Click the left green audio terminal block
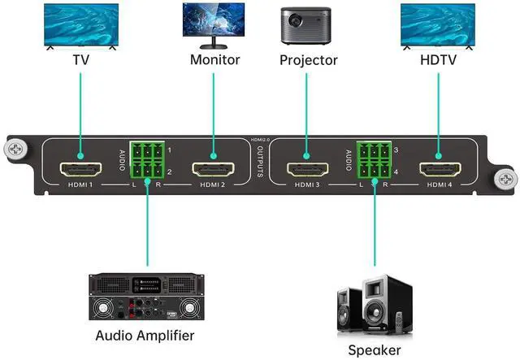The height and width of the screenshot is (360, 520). (x=147, y=161)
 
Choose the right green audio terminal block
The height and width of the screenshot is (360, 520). (x=375, y=161)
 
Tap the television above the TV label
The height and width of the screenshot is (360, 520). (x=81, y=25)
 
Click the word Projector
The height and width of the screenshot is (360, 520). (x=308, y=60)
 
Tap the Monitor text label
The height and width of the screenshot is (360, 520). (x=215, y=60)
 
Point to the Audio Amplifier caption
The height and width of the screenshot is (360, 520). (x=145, y=335)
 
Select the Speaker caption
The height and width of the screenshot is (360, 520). (x=375, y=350)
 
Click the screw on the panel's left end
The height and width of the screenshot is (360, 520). (x=16, y=150)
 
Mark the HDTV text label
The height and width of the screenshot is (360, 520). (x=440, y=60)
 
